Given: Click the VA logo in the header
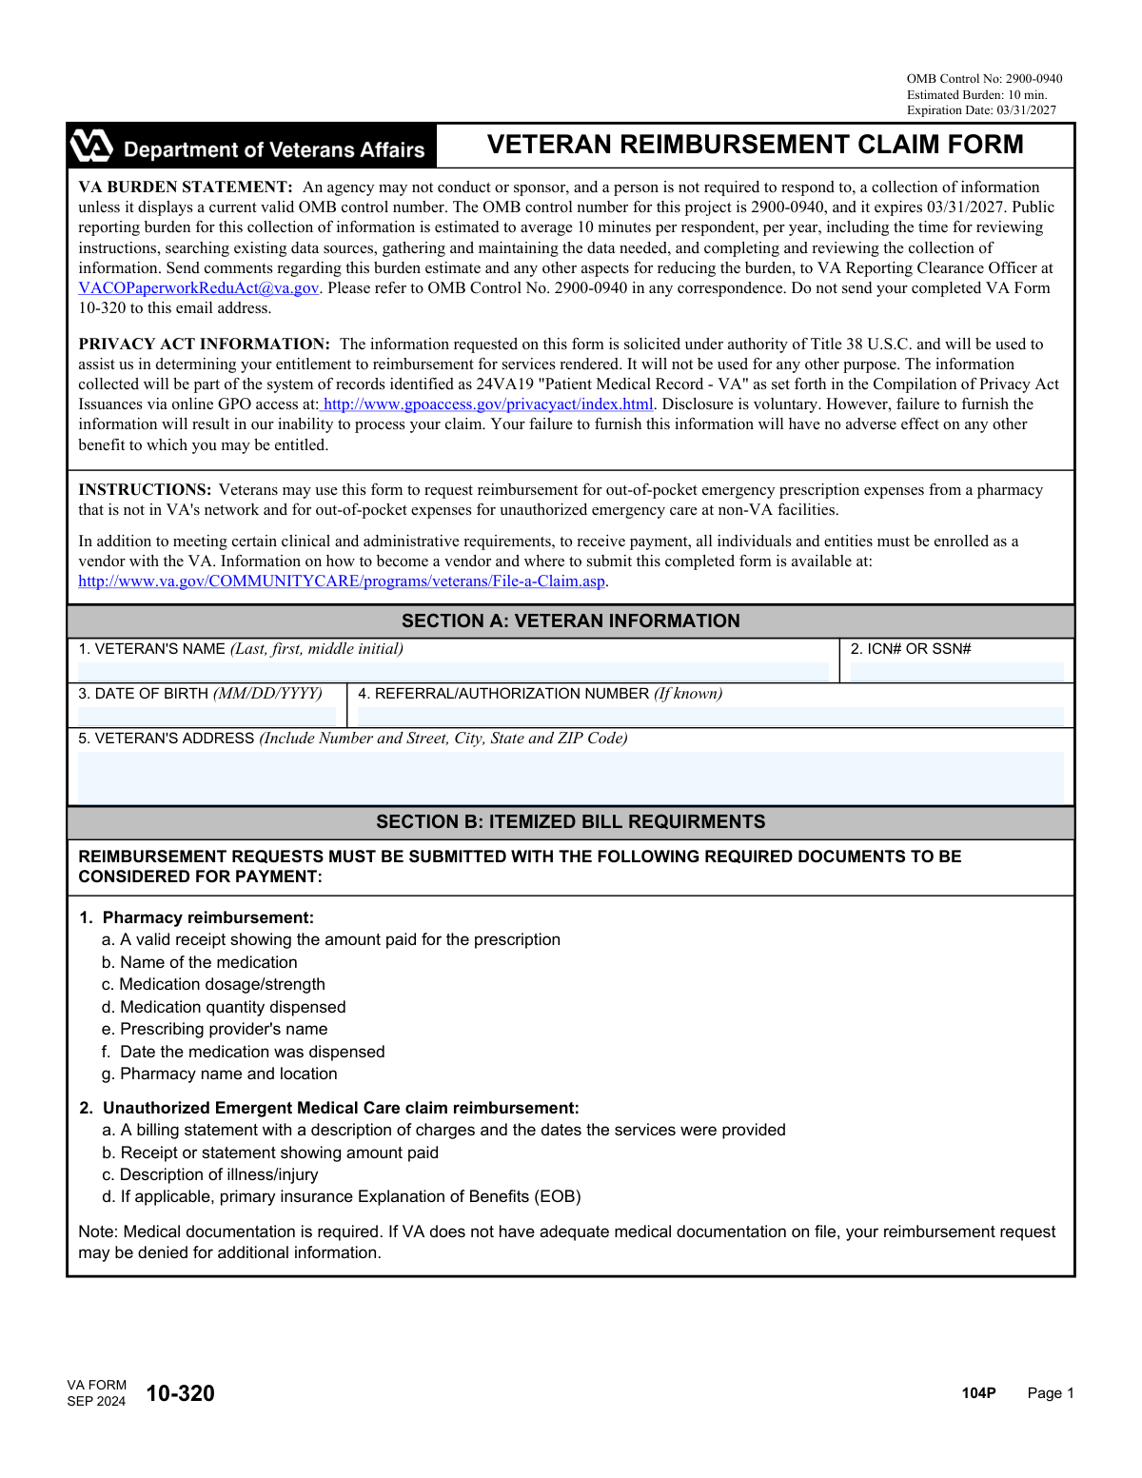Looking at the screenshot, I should pyautogui.click(x=91, y=146).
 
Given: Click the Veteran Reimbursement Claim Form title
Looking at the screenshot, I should pyautogui.click(x=755, y=145).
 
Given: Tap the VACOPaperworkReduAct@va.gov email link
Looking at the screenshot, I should pyautogui.click(x=198, y=288).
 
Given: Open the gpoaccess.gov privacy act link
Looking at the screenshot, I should pyautogui.click(x=488, y=404).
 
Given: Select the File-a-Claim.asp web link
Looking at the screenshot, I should pyautogui.click(x=342, y=581).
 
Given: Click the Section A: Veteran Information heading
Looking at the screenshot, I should pyautogui.click(x=570, y=621).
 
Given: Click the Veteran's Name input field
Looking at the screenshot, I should pyautogui.click(x=453, y=671).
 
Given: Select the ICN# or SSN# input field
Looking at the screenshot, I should pyautogui.click(x=956, y=671).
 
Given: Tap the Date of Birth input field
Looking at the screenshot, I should pyautogui.click(x=207, y=716).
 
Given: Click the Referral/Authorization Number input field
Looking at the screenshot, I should pyautogui.click(x=710, y=716).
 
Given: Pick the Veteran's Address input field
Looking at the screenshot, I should pyautogui.click(x=570, y=776).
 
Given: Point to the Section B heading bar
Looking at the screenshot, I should pyautogui.click(x=570, y=822).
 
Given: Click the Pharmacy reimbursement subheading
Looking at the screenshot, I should pyautogui.click(x=207, y=917).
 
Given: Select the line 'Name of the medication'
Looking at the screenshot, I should pyautogui.click(x=208, y=962).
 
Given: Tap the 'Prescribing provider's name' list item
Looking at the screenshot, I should pyautogui.click(x=224, y=1029).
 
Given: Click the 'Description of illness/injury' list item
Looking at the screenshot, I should pyautogui.click(x=219, y=1174).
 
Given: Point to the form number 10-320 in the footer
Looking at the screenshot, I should pyautogui.click(x=180, y=1393).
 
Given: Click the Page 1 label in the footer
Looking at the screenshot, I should pyautogui.click(x=1050, y=1393).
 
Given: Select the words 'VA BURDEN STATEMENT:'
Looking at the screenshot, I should pyautogui.click(x=186, y=187).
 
